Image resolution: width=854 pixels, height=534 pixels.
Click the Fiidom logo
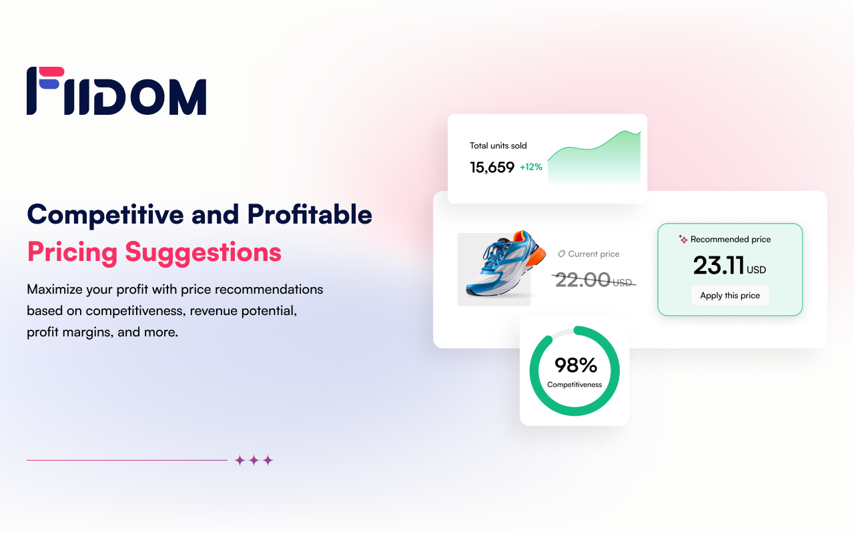point(116,91)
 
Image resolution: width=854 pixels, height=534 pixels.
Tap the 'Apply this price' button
point(730,296)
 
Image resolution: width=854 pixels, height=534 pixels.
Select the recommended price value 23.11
point(719,266)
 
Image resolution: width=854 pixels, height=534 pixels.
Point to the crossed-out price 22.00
point(582,280)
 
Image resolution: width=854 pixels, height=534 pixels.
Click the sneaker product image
point(494,268)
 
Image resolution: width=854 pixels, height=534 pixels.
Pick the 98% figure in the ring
point(575,365)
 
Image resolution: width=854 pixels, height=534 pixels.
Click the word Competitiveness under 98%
point(574,384)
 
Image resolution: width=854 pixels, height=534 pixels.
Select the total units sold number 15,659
point(492,168)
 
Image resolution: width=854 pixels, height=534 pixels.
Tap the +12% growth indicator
point(531,167)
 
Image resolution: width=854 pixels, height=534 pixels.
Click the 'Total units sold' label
point(498,146)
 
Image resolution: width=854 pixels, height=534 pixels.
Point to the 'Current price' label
point(594,254)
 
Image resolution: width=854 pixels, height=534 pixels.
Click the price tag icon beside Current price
point(561,254)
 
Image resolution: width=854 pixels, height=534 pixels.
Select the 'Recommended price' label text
point(731,240)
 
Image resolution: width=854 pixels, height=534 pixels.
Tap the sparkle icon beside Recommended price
point(683,239)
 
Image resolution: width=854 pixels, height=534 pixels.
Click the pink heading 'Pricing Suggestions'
point(154,252)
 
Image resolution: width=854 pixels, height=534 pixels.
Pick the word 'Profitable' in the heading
point(310,214)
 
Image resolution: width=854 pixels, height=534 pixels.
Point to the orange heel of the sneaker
point(539,254)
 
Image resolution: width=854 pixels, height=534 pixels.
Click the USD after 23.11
point(757,270)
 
